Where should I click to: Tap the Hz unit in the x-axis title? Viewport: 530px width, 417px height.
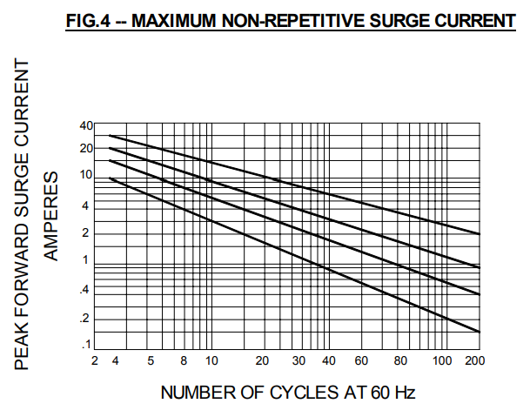(405, 393)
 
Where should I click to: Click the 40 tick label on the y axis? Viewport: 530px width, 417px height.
(85, 126)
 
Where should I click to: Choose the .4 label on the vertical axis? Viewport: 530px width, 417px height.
(85, 292)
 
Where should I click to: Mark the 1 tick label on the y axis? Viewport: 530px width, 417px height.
(86, 260)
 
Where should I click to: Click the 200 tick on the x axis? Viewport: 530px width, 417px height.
(475, 360)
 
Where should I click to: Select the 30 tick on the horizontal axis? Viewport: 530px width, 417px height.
(299, 360)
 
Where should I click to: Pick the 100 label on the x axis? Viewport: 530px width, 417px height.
(442, 360)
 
